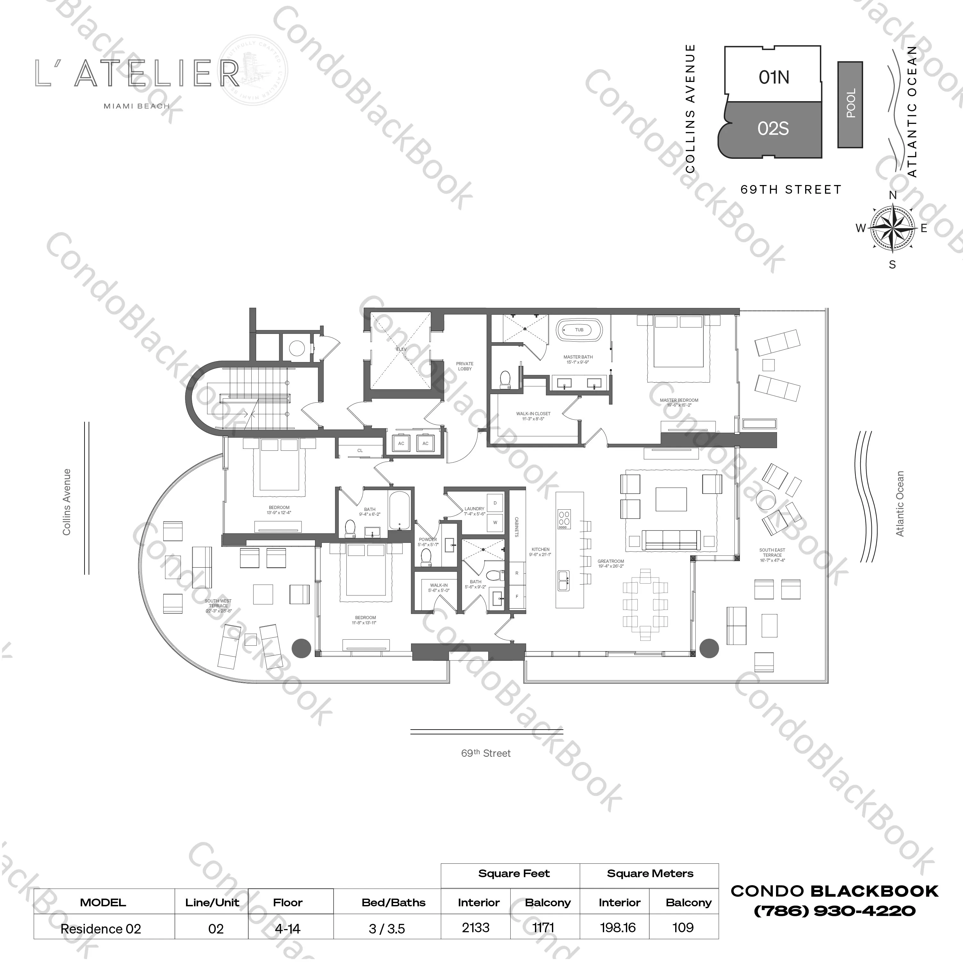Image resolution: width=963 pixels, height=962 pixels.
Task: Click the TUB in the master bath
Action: [x=579, y=330]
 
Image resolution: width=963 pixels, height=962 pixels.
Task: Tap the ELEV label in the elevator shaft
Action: [x=401, y=349]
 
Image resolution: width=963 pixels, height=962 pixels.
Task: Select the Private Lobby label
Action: [x=465, y=366]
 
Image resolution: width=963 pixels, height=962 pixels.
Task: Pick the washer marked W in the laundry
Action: [x=495, y=522]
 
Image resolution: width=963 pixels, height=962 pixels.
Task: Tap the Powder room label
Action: [x=428, y=542]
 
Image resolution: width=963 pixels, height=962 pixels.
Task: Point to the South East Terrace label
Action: [x=772, y=555]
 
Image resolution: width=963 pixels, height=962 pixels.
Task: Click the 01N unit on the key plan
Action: [x=773, y=77]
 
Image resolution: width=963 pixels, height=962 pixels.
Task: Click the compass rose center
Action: [x=892, y=228]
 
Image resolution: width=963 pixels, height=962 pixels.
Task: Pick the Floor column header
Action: [x=287, y=902]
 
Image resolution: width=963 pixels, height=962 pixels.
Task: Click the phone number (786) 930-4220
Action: [x=834, y=911]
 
